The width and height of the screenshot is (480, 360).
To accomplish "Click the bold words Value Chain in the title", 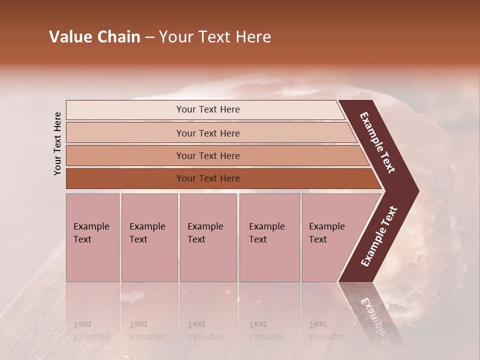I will point(94,37).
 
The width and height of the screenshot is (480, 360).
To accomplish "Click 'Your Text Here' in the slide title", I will point(215,37).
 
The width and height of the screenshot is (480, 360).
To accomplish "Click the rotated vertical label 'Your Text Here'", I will point(57,143).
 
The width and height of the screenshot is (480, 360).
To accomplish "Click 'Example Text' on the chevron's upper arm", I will point(377,142).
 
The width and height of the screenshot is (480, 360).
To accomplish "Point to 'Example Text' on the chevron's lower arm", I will point(379,236).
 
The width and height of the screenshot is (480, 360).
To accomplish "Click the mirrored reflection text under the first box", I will point(91,330).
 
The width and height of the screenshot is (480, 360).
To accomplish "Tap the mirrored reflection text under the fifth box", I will point(326,330).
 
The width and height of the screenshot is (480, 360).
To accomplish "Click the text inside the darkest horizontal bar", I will point(208,178).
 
